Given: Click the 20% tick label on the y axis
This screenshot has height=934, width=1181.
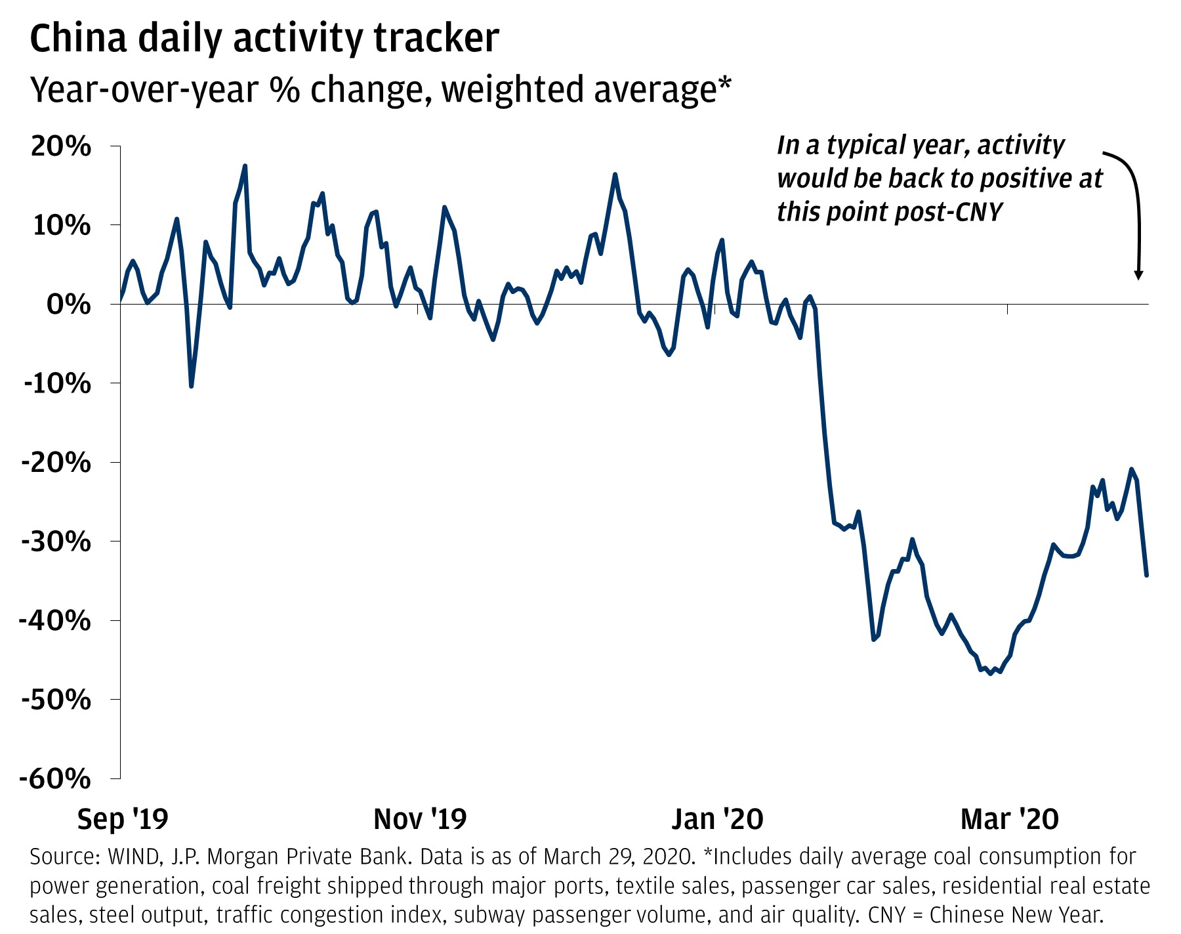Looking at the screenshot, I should (x=60, y=146).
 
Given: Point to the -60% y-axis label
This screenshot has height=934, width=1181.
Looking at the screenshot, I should (x=56, y=779).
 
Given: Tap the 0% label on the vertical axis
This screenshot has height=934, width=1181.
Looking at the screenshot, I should (x=68, y=305).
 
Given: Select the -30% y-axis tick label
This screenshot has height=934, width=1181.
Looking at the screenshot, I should (x=56, y=542).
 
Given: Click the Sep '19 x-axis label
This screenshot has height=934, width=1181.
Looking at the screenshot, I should (x=123, y=819).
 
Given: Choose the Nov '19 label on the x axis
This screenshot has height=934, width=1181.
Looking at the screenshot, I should (x=420, y=819).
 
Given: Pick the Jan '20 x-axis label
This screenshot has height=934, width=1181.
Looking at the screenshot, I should (x=718, y=819).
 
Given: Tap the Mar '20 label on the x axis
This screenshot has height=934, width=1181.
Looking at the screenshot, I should (x=1010, y=819).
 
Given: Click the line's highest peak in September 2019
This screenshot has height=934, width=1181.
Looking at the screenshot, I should (x=245, y=165).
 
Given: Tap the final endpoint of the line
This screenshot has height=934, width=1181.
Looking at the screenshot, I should (x=1146, y=576).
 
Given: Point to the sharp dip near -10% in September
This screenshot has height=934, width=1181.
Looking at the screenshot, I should (x=191, y=386).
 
